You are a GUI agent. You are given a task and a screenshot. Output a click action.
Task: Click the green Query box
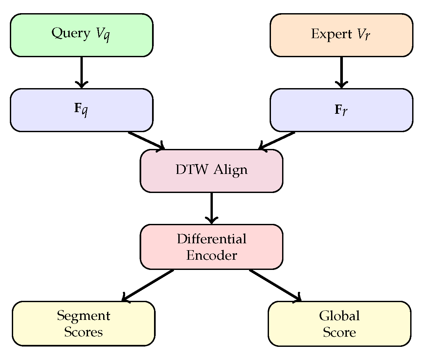(x=81, y=35)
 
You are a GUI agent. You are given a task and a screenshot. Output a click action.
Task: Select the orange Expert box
(x=341, y=35)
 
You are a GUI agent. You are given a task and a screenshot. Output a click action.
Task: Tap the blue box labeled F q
(x=81, y=110)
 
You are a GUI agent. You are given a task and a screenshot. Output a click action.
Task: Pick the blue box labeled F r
(x=341, y=110)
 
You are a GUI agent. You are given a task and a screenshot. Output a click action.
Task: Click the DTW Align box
(x=212, y=171)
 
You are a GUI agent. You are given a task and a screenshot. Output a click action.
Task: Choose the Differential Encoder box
(x=212, y=247)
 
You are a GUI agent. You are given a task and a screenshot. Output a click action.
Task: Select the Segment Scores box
(x=83, y=324)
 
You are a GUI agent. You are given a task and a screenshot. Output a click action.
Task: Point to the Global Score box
(x=339, y=324)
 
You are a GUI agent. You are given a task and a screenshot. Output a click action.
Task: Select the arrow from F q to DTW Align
(x=146, y=141)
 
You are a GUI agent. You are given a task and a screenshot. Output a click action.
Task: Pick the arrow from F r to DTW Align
(x=277, y=141)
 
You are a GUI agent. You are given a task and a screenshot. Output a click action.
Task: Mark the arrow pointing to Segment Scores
(x=148, y=285)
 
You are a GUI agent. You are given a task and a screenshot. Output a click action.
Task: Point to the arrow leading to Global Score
(x=275, y=285)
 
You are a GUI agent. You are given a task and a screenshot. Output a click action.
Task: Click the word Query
(x=71, y=34)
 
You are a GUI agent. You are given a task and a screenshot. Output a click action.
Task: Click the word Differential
(x=212, y=239)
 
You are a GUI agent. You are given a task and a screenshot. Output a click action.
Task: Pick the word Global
(x=339, y=316)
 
